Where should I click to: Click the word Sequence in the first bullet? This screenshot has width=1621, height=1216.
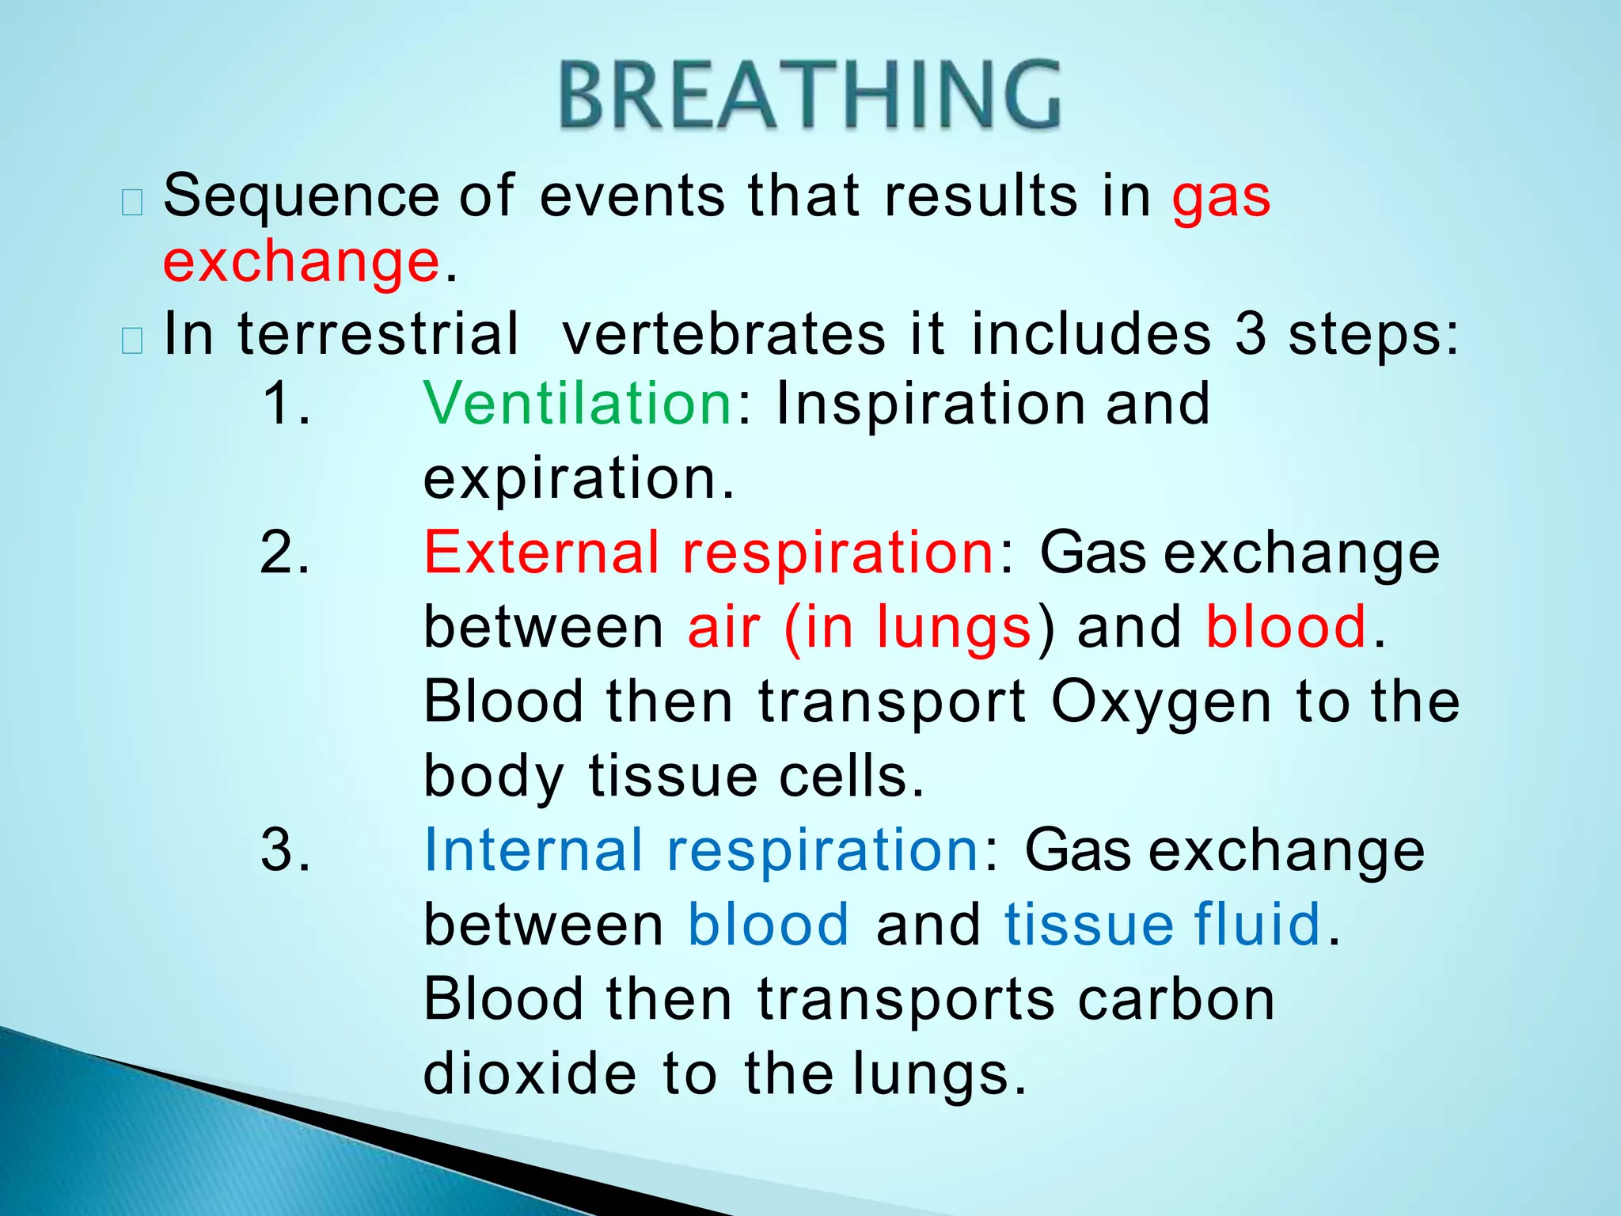301,196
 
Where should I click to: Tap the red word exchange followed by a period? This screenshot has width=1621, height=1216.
301,262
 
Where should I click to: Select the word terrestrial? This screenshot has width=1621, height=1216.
378,333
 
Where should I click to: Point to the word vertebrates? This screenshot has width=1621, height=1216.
723,333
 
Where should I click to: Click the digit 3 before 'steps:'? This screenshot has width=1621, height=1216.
1251,333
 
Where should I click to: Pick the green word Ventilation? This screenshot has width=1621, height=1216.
578,403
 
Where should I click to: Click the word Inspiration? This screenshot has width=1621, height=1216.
929,405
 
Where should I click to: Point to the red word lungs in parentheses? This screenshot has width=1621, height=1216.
953,628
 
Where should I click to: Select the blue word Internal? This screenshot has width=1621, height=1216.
533,850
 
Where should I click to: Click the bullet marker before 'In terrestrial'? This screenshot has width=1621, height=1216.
132,341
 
